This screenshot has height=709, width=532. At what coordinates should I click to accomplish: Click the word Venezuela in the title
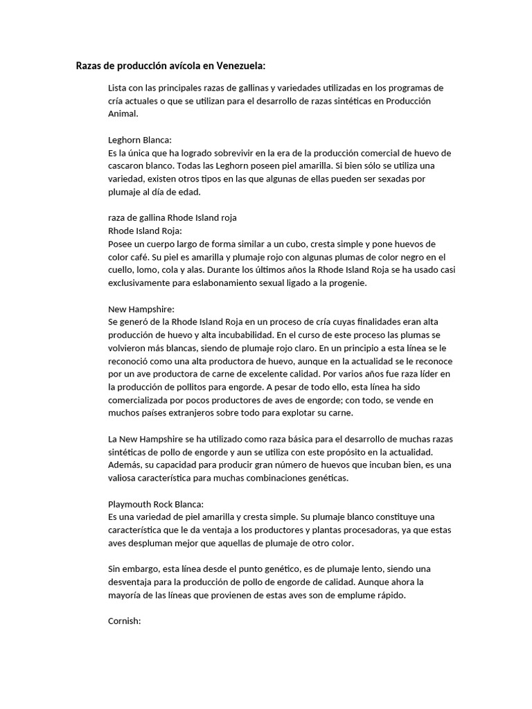pos(240,66)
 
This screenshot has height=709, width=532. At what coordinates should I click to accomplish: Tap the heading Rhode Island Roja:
pos(145,231)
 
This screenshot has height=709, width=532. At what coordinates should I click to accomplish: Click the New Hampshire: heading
pos(141,309)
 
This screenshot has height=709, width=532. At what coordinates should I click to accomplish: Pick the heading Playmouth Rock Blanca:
pos(156,503)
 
